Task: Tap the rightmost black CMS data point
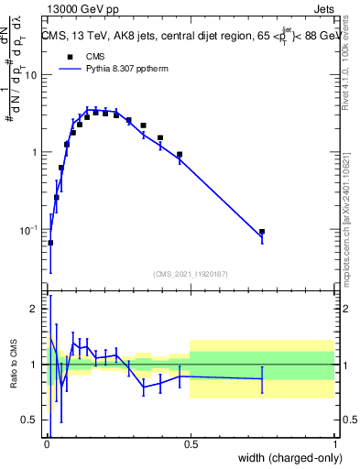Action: pos(262,233)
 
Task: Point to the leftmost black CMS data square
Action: pos(50,243)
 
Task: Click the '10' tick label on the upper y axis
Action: pos(30,75)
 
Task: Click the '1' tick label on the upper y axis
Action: pos(34,152)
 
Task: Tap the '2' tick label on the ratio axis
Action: pos(34,310)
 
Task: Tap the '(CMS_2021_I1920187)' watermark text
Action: pos(190,274)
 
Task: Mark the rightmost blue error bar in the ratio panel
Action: pos(262,378)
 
